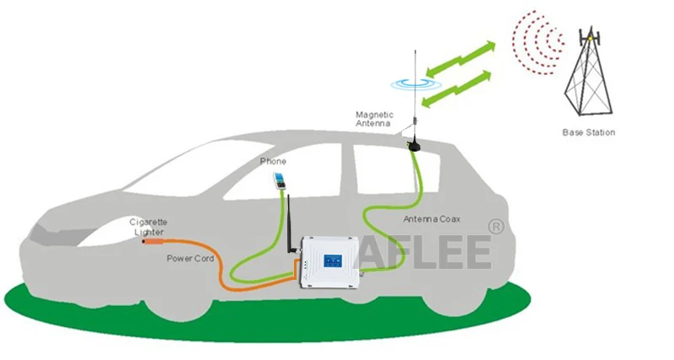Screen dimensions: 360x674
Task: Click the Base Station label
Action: click(x=589, y=132)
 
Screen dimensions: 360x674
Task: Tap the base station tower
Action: click(x=590, y=76)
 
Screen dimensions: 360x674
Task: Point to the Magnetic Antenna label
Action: click(x=373, y=119)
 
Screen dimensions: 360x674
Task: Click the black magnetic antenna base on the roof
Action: click(x=415, y=146)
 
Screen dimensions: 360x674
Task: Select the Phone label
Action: click(x=273, y=161)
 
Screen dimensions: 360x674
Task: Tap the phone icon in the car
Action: click(x=277, y=180)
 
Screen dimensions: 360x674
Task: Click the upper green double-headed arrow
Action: click(x=463, y=55)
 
